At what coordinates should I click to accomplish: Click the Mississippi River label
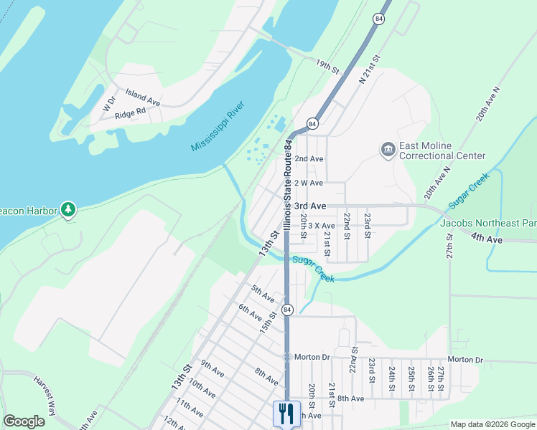coord(218,126)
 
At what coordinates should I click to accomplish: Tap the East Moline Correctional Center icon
coord(388,149)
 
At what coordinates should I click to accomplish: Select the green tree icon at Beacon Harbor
coord(68,209)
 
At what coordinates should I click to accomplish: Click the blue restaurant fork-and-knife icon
coord(285,413)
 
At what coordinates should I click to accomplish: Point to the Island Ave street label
coord(142,97)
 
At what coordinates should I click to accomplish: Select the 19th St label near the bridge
coord(327,67)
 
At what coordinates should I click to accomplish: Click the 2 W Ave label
coord(309,182)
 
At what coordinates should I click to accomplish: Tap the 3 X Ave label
coord(321,226)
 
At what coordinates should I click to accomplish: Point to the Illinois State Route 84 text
coord(287,185)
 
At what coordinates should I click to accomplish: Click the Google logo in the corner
coord(24,421)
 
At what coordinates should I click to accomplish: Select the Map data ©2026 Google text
coord(492,424)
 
